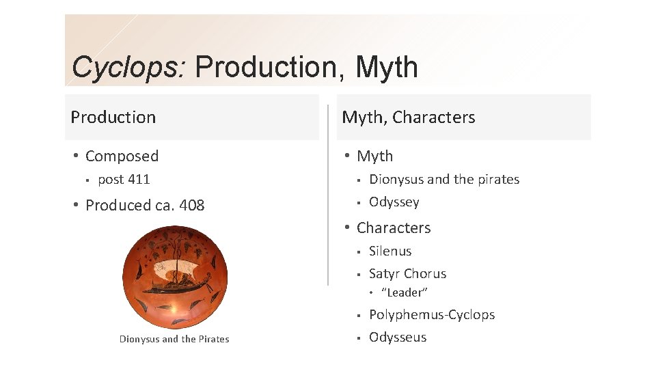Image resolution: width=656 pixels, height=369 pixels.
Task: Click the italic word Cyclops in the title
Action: point(128,68)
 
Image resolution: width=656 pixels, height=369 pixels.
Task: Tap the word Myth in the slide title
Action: point(387,68)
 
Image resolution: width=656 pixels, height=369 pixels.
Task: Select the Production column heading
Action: point(113,118)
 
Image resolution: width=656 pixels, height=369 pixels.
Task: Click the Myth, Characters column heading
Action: point(409,118)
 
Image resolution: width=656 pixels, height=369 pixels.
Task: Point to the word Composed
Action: point(122,156)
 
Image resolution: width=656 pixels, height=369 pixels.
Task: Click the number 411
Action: point(139,180)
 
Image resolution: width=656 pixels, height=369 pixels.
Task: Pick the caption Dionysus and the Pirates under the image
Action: point(174,339)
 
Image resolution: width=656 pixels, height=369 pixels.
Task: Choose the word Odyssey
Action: point(394,202)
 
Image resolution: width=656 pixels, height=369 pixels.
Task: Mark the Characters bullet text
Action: point(394,228)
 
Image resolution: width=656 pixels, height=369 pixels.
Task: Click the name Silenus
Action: point(390,251)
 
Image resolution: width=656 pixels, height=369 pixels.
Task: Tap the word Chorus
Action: point(427,274)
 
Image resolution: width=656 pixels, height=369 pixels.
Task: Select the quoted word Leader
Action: point(405,292)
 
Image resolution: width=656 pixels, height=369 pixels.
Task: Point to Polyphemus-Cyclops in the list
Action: point(432,315)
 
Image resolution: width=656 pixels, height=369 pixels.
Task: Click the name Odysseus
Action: point(398,338)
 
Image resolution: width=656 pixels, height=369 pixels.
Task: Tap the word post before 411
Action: point(111,180)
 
